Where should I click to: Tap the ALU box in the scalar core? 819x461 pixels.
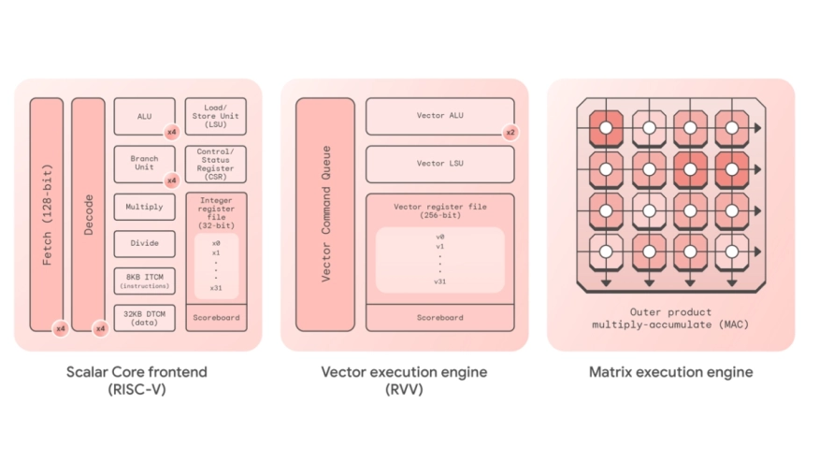144,116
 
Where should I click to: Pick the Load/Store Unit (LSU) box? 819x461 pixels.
215,116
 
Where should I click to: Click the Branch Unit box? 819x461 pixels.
144,163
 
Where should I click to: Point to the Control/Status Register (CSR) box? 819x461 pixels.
215,163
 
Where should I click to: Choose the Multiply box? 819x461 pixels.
144,207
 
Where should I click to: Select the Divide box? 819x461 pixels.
144,243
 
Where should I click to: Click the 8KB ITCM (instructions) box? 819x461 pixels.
144,280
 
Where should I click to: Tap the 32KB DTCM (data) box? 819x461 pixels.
144,317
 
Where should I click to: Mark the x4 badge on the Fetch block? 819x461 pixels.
60,327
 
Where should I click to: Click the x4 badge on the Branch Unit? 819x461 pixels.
171,180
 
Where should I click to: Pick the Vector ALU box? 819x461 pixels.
439,116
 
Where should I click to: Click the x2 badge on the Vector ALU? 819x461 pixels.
510,132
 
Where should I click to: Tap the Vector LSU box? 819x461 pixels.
439,164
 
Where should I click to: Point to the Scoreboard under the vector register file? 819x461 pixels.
439,317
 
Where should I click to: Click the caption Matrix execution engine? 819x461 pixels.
670,372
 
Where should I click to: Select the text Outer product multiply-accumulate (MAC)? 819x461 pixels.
670,318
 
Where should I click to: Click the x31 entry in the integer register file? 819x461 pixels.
216,287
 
